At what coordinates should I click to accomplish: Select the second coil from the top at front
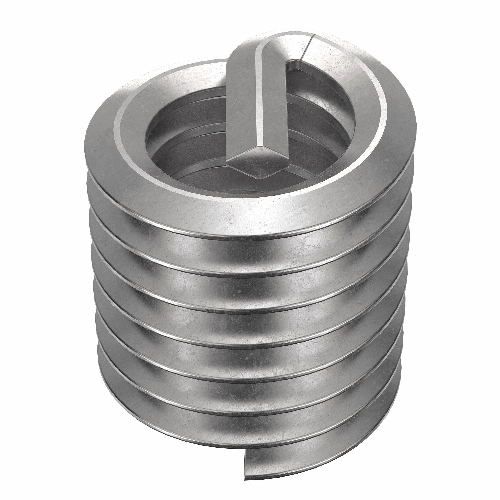(x=248, y=255)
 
